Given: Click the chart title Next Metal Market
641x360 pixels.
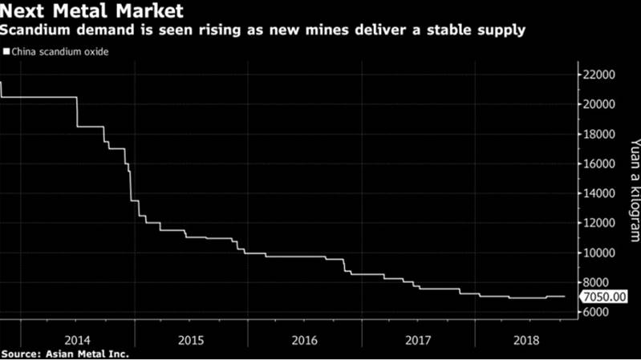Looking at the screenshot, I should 93,12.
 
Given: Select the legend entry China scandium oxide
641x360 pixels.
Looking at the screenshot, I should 59,52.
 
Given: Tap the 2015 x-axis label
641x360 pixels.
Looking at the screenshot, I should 191,340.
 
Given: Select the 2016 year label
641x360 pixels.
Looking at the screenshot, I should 305,340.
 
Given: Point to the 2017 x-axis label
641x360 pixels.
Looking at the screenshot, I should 417,340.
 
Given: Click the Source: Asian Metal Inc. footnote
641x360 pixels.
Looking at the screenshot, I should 66,353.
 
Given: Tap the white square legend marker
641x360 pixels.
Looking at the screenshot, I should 7,52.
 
